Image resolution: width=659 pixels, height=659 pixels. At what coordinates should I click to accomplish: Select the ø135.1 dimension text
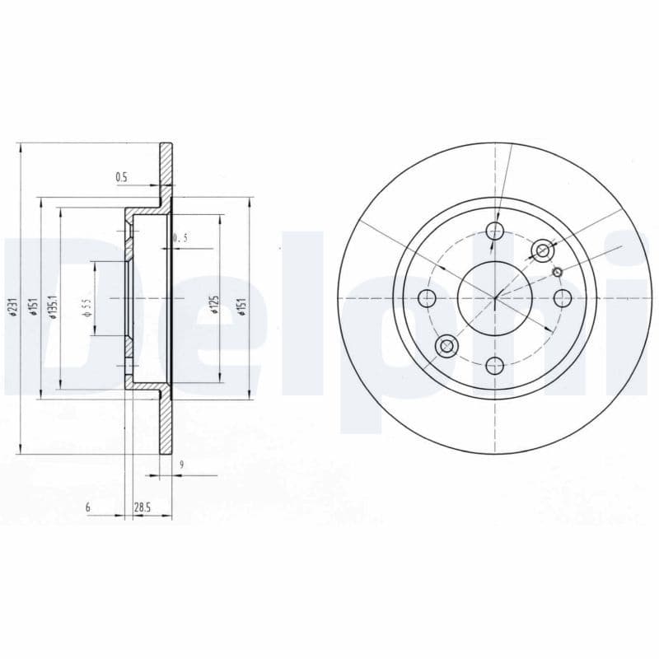(52, 306)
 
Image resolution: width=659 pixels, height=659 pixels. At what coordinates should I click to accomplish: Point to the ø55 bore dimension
(86, 307)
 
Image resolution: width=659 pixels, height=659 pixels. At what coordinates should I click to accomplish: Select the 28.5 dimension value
(142, 507)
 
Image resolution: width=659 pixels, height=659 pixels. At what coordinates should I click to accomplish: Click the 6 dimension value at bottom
(87, 507)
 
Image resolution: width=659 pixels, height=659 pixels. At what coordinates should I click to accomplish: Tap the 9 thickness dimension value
(180, 465)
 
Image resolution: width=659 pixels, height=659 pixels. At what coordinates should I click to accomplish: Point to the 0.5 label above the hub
(121, 176)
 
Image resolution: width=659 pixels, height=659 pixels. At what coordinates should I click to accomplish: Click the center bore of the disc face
(494, 297)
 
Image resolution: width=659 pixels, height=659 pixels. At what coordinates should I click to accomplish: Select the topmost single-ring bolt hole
(494, 229)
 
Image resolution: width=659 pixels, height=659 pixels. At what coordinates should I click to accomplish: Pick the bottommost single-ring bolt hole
(494, 365)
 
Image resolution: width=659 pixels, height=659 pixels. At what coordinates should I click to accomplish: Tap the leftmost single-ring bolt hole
(427, 297)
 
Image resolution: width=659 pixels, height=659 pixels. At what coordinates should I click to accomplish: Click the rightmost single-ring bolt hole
(563, 297)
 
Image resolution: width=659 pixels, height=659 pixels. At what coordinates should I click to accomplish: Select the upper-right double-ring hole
(542, 250)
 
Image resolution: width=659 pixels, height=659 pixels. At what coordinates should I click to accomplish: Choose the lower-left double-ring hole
(446, 345)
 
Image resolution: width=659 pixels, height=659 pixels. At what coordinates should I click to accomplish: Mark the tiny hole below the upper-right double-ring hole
(557, 273)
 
